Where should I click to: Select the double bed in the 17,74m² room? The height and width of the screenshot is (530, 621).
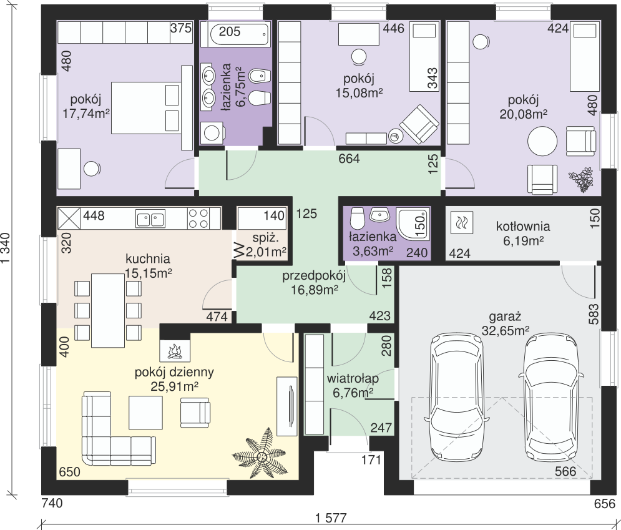tap(146, 108)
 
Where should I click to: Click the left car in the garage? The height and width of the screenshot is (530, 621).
tap(457, 397)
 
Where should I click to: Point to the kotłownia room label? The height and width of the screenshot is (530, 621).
tap(523, 227)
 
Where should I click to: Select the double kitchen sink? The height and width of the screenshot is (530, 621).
tap(150, 218)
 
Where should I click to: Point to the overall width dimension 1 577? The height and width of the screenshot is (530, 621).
tap(331, 518)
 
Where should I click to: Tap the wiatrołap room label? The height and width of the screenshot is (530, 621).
tap(353, 379)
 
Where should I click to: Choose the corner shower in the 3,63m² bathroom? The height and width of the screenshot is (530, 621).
tap(414, 224)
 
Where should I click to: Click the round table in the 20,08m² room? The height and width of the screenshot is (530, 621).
tap(542, 142)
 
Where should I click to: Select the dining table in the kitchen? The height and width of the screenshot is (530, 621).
tap(108, 310)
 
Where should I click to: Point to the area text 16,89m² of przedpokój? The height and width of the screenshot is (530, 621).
tap(315, 290)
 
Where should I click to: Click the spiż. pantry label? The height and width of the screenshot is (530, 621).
tap(266, 238)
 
